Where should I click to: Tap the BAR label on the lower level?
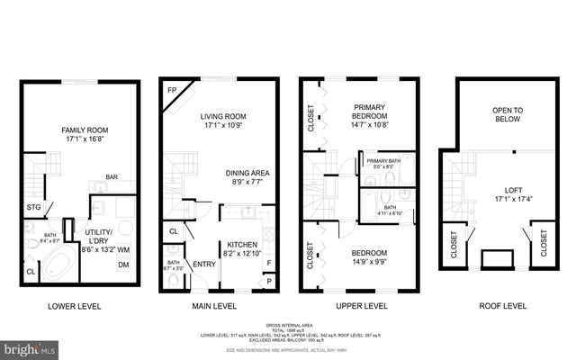113,177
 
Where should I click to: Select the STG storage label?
33,207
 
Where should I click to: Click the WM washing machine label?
123,249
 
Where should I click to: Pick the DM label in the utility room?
123,264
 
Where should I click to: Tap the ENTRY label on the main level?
203,264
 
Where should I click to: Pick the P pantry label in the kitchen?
269,280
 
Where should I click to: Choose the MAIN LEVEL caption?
214,307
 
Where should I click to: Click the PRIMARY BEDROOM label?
368,110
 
